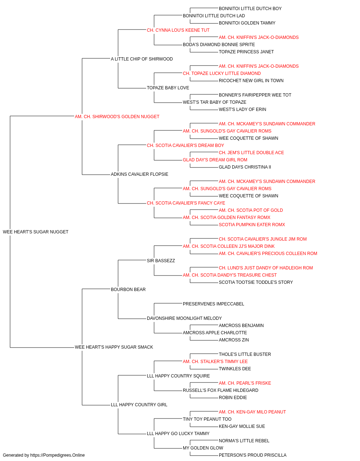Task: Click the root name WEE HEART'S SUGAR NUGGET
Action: (36, 232)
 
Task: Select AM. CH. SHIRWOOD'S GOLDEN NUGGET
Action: (117, 117)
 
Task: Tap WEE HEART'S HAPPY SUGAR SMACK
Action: (114, 347)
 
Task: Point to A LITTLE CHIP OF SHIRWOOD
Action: (142, 59)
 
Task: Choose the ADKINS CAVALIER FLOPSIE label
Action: (140, 174)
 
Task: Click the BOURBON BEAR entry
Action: (128, 290)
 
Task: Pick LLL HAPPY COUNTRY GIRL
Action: (139, 405)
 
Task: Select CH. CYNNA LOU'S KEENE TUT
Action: (178, 30)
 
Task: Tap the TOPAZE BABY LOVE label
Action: (168, 88)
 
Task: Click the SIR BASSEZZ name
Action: (161, 261)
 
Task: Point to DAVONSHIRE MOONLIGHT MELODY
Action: (184, 318)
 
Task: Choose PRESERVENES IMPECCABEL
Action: (213, 304)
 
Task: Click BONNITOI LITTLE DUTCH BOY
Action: (250, 9)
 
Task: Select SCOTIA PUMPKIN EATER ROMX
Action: (252, 225)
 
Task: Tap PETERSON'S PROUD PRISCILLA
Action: (252, 455)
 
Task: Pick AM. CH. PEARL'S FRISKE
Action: (245, 383)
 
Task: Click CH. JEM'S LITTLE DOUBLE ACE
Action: (251, 153)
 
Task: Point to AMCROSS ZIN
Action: (234, 340)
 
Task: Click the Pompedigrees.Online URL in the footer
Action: (58, 455)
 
